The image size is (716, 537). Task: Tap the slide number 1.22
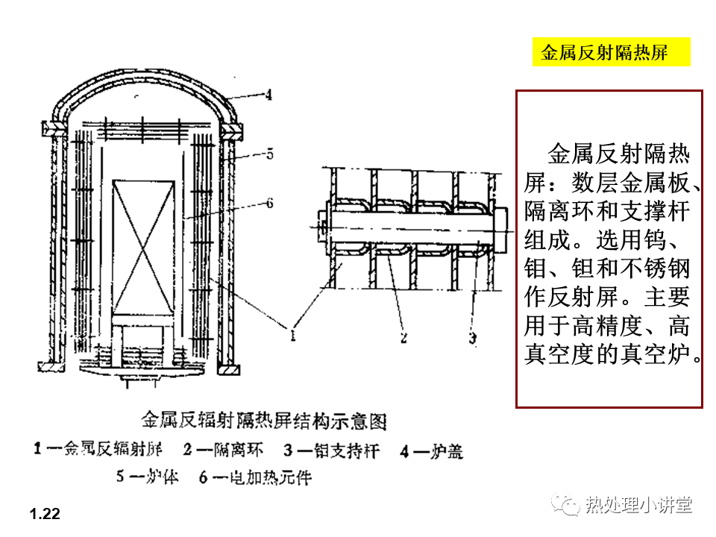[45, 514]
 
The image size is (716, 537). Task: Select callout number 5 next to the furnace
[269, 154]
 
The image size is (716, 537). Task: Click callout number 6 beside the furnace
[269, 202]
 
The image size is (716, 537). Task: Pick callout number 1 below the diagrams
[293, 336]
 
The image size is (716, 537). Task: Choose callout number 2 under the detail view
[403, 338]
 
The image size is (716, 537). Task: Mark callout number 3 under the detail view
[473, 338]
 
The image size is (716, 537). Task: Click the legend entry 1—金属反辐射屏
[98, 450]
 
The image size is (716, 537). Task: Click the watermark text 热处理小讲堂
[638, 505]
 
